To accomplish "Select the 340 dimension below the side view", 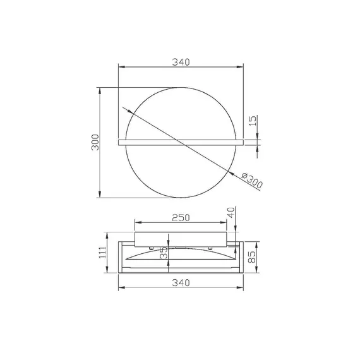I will point(181,283).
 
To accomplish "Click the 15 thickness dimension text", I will point(253,121).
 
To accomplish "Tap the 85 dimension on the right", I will point(253,257).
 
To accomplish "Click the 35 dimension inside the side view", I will point(164,254).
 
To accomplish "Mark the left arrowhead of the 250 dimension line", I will point(137,222).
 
